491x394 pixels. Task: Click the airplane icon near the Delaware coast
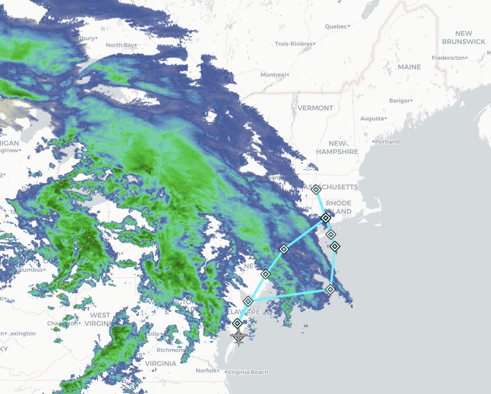coord(239,337)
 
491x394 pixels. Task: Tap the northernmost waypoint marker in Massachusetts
coord(316,189)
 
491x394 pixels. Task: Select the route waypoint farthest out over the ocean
coord(330,289)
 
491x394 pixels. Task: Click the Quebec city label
coord(336,27)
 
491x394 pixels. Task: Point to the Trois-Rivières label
coord(293,44)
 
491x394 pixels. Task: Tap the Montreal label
coord(273,75)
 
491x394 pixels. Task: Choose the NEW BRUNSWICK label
coord(463,37)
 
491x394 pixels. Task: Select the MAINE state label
coord(409,67)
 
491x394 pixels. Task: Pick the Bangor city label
coord(399,101)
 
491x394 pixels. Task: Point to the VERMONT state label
coord(315,108)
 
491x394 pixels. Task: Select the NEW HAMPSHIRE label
coord(337,147)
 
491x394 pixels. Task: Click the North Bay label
coord(120,45)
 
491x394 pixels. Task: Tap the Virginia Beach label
coord(248,372)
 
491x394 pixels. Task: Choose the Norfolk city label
coord(205,371)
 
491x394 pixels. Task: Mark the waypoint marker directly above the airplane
coord(237,323)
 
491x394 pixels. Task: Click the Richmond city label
coord(171,350)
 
